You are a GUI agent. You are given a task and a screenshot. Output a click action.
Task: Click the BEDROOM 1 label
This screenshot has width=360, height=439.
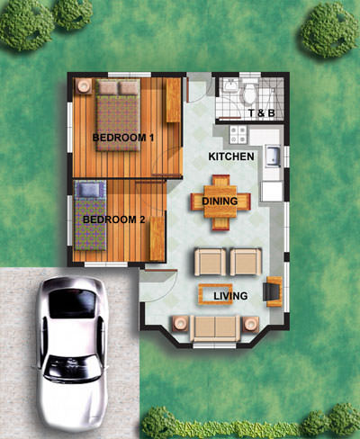(x=123, y=138)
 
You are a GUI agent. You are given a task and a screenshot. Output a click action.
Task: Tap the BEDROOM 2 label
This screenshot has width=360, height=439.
(x=114, y=219)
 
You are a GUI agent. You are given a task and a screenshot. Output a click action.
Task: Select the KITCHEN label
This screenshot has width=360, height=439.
(x=231, y=157)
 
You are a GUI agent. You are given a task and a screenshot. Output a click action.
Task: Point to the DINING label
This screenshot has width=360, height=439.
(x=220, y=201)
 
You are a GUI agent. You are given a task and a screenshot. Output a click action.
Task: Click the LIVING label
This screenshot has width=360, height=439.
(x=230, y=296)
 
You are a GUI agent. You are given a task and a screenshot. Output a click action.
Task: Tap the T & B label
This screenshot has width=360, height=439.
(x=262, y=113)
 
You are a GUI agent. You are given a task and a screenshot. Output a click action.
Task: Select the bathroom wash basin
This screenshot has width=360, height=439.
(x=230, y=85)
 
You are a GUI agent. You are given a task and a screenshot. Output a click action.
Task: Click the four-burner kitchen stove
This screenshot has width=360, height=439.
(x=238, y=134)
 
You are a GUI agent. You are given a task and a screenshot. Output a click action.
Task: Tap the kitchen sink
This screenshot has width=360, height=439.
(x=273, y=156)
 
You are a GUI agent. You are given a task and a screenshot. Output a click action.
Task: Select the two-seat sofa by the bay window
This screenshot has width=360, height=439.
(x=215, y=328)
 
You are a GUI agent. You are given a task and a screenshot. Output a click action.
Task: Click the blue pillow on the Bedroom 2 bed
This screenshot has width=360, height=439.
(x=89, y=190)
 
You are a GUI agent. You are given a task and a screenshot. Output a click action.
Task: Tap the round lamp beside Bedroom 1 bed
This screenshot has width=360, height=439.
(x=83, y=86)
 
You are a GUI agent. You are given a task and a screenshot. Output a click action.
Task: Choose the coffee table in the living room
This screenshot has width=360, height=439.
(x=215, y=294)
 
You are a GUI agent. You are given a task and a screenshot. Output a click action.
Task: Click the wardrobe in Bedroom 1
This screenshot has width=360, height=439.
(x=173, y=101)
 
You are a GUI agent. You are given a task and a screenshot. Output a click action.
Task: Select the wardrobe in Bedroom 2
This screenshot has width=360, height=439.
(x=157, y=238)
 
